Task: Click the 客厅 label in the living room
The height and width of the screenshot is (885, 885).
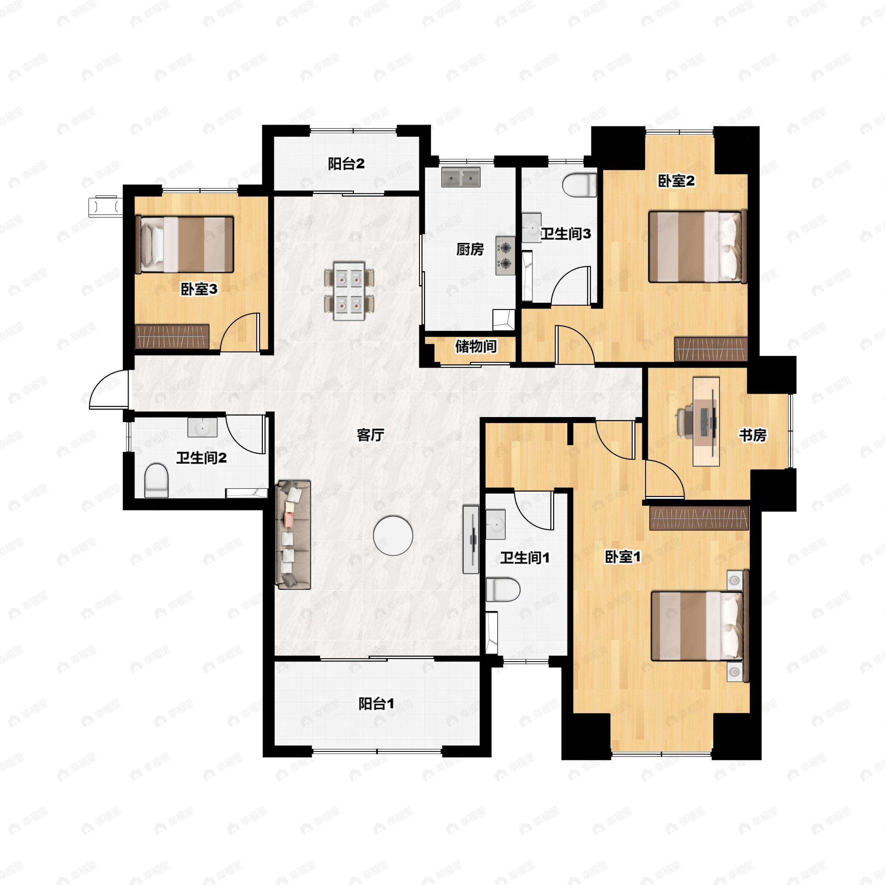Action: (x=371, y=435)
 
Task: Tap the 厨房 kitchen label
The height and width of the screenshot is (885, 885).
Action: (x=470, y=249)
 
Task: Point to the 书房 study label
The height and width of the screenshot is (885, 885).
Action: (x=753, y=435)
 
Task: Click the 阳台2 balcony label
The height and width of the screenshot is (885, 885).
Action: (x=346, y=163)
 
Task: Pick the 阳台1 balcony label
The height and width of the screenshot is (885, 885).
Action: (x=376, y=704)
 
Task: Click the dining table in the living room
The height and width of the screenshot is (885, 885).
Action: (x=349, y=291)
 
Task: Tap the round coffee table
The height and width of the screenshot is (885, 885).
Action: (x=393, y=535)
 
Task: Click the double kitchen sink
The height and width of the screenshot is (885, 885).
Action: (x=461, y=177)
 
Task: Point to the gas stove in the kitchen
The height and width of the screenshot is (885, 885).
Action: (x=505, y=256)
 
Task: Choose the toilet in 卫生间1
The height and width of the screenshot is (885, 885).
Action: (x=503, y=590)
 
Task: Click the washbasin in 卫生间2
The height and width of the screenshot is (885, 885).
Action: (x=202, y=428)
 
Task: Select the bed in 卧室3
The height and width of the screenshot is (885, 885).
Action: (x=185, y=244)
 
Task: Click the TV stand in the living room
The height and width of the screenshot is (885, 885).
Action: (x=471, y=539)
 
